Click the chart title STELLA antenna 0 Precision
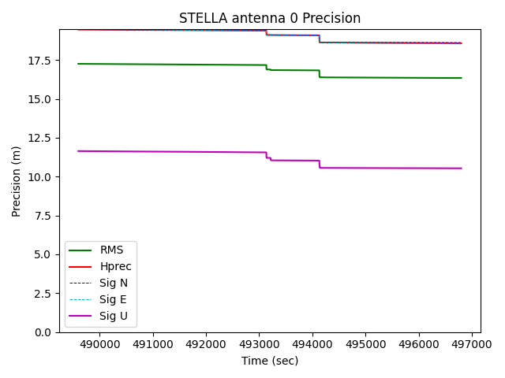coord(270,18)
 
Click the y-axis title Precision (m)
coord(17,181)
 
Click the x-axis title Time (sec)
coord(270,361)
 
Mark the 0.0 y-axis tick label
coord(43,332)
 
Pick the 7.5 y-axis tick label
coord(43,216)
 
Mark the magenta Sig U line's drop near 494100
coord(319,164)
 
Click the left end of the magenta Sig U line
coord(78,151)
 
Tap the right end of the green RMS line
coord(461,78)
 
